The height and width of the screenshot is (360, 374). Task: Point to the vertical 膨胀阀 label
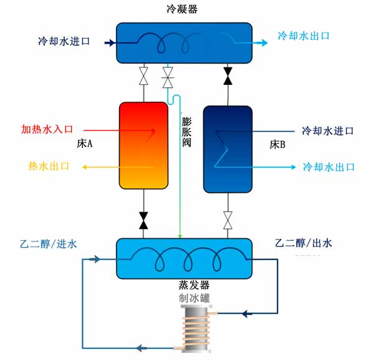[x=186, y=133]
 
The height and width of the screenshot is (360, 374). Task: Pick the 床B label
[x=277, y=145]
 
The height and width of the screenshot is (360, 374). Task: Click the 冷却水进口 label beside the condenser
[x=64, y=42]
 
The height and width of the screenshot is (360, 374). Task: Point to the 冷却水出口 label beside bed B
[x=328, y=167]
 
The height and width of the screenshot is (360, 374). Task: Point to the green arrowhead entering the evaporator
[x=180, y=236]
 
